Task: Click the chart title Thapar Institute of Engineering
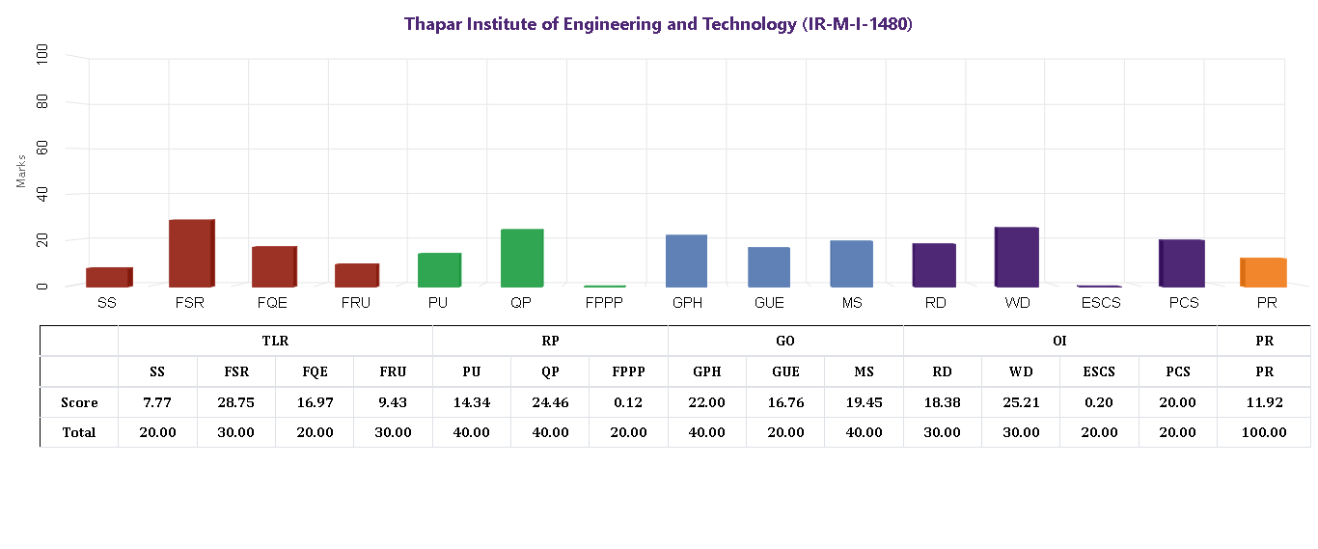[x=658, y=24]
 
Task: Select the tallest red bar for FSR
[x=190, y=253]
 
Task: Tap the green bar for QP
[x=522, y=258]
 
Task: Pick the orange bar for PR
[x=1262, y=272]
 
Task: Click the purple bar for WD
[x=1016, y=257]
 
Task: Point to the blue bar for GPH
[x=686, y=261]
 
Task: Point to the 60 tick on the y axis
[x=42, y=148]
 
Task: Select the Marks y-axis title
[x=21, y=170]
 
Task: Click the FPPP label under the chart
[x=605, y=303]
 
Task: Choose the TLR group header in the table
[x=275, y=341]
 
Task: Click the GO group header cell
[x=785, y=341]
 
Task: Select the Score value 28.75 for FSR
[x=235, y=402]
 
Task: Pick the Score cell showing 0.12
[x=628, y=402]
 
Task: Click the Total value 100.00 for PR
[x=1263, y=432]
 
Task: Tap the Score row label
[x=79, y=402]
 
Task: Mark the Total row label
[x=79, y=432]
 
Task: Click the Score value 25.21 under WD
[x=1020, y=402]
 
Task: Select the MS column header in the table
[x=864, y=371]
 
